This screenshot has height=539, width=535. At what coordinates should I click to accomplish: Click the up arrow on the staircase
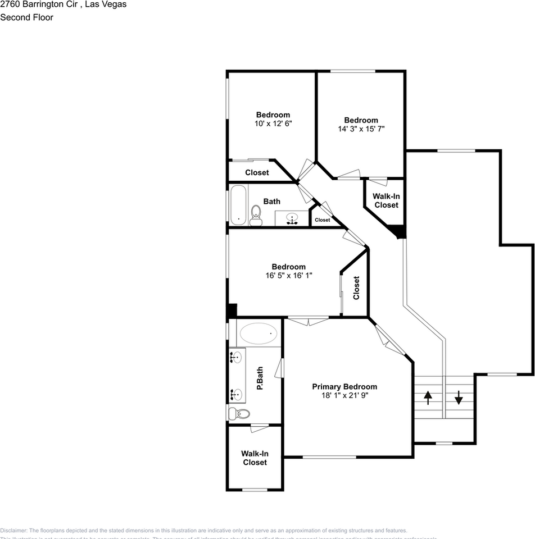428,398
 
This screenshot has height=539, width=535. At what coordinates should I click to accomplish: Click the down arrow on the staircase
459,398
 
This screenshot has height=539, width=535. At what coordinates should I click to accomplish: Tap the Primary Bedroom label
344,387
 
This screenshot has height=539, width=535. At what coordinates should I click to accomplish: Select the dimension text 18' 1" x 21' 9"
344,395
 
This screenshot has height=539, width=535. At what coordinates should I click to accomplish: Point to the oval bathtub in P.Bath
259,334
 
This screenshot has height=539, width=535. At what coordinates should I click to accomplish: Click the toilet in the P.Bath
239,414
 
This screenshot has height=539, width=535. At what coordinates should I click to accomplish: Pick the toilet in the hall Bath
256,214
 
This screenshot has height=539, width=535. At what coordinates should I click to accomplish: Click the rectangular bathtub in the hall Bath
239,204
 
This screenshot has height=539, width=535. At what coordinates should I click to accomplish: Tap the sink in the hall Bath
292,218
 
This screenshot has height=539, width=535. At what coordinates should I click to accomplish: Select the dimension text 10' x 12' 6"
273,123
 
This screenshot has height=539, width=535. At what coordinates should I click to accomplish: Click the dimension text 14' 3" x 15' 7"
361,129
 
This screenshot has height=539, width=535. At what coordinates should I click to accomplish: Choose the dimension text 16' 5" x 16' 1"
288,275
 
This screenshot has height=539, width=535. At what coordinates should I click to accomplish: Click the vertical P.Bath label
260,378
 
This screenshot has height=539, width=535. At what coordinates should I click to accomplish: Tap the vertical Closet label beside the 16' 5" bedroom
356,287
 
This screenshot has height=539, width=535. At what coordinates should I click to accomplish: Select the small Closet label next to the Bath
323,220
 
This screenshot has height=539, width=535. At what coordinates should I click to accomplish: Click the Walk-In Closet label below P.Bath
255,458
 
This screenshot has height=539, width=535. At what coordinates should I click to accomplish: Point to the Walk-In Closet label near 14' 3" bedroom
386,201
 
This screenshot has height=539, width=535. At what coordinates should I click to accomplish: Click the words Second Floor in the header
27,17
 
